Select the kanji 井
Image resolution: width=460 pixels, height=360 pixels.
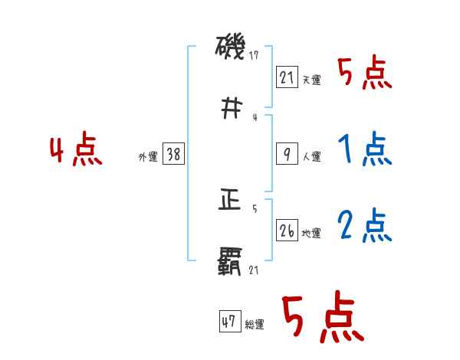pos(230,108)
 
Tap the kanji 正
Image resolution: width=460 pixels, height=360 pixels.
pos(230,201)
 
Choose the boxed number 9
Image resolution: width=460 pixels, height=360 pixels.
pos(287,153)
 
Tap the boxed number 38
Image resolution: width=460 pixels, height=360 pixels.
pos(173,154)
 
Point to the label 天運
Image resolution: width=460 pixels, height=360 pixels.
pos(312,80)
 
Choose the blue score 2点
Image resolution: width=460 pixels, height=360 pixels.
pos(364,225)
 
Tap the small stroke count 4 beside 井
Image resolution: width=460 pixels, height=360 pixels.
pos(254,117)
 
